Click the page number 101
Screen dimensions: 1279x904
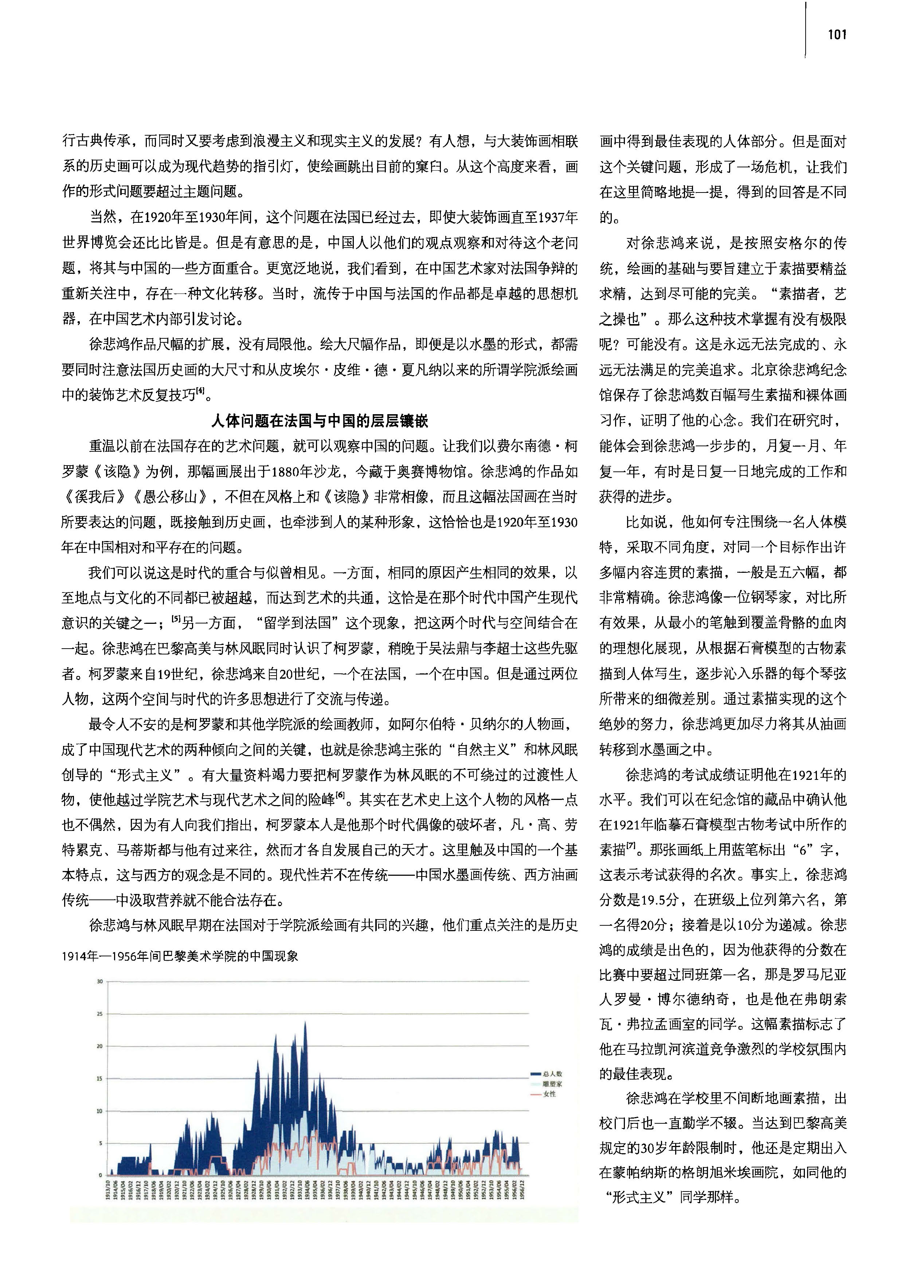tap(837, 35)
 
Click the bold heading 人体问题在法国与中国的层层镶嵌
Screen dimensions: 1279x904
tap(320, 421)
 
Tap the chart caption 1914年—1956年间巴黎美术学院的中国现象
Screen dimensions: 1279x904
tap(180, 956)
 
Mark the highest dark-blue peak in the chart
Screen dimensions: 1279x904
tap(305, 1022)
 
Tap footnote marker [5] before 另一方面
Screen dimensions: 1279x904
tap(176, 619)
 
